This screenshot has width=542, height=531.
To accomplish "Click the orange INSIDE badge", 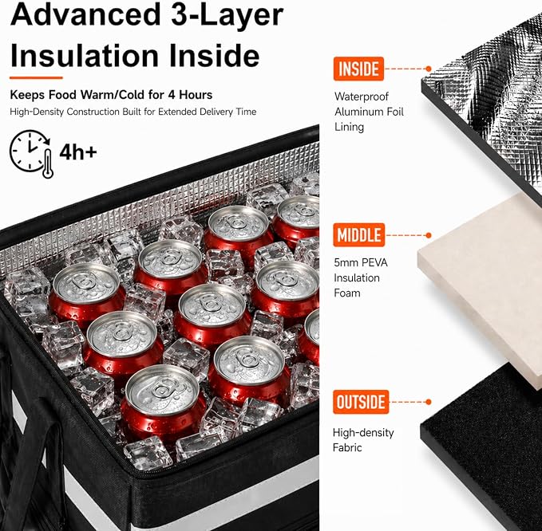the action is coord(358,69).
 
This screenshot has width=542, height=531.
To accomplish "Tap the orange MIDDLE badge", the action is coord(358,235).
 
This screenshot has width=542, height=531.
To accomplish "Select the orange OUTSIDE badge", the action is coord(361,402).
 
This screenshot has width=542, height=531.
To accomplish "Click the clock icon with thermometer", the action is coord(31,154).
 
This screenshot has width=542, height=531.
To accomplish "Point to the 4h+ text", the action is coord(78,152).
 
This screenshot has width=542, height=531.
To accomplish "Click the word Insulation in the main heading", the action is coord(85,56).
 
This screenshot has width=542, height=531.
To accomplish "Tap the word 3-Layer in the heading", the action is coord(227,15).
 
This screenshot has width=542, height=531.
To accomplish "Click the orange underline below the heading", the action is coord(36,77).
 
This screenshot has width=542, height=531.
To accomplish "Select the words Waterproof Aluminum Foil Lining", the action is coord(369,112).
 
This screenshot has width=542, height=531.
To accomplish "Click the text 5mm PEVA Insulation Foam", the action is coord(361,278).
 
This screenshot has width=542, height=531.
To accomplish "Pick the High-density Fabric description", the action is coord(363,440).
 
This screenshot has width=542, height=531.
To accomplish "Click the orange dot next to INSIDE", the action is coord(429,69).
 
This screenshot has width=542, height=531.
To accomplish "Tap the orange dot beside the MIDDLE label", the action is coord(429,235).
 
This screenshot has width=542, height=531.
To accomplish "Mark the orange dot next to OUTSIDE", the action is coord(429,402).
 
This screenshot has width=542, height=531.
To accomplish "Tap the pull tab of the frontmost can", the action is coord(161,390).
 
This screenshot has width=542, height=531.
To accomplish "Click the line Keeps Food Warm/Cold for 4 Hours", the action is coord(111,95).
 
